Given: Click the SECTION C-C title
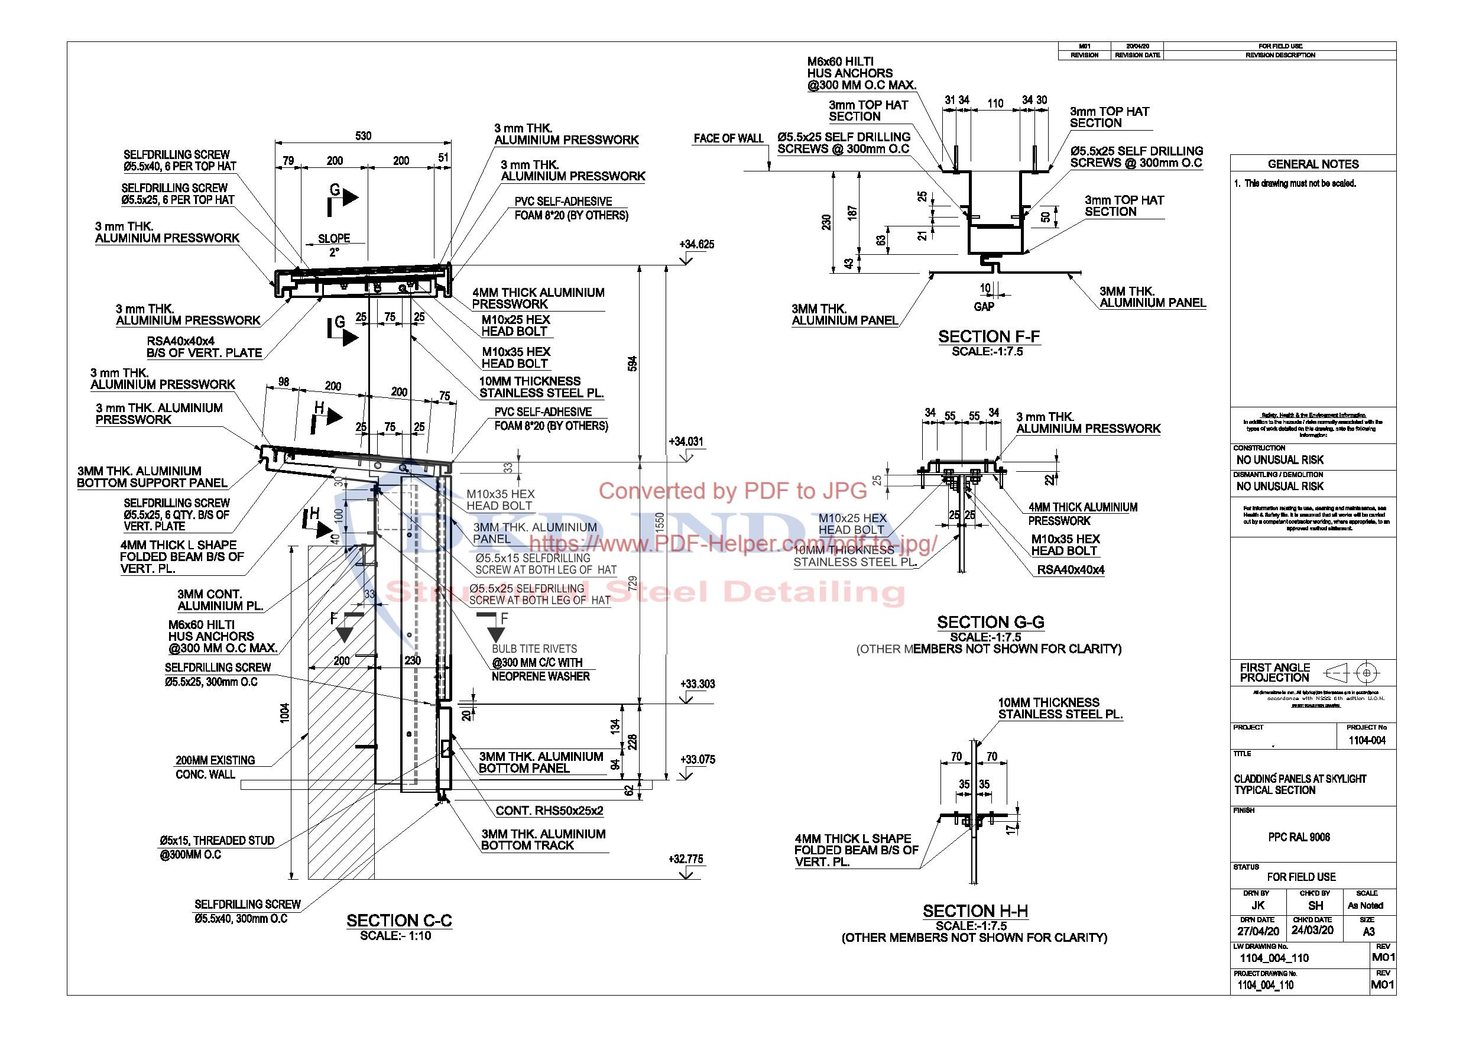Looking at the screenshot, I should pos(399,920).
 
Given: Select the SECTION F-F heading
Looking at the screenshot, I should pos(988,336).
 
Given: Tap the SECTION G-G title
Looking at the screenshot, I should pos(990,622).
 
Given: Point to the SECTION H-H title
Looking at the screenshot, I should pos(975,911).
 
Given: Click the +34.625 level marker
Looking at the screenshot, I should pos(696,245).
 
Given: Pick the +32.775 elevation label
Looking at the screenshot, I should pos(686,859).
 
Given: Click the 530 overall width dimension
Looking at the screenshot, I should pos(363,136).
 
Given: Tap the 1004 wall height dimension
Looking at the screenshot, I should pos(285,712).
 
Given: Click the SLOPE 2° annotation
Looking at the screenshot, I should pos(334,245).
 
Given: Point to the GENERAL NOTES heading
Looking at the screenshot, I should pos(1313,164).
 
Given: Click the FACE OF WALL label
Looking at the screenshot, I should pos(728,138).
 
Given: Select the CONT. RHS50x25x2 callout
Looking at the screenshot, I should pos(549,811).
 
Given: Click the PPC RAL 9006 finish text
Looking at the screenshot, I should pos(1299,837).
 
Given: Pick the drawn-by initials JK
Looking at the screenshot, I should pos(1257,906).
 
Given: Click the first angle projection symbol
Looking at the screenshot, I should pos(1353,673).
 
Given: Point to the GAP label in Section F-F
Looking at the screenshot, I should pos(984,307).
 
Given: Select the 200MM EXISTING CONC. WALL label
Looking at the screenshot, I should pos(215,767).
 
